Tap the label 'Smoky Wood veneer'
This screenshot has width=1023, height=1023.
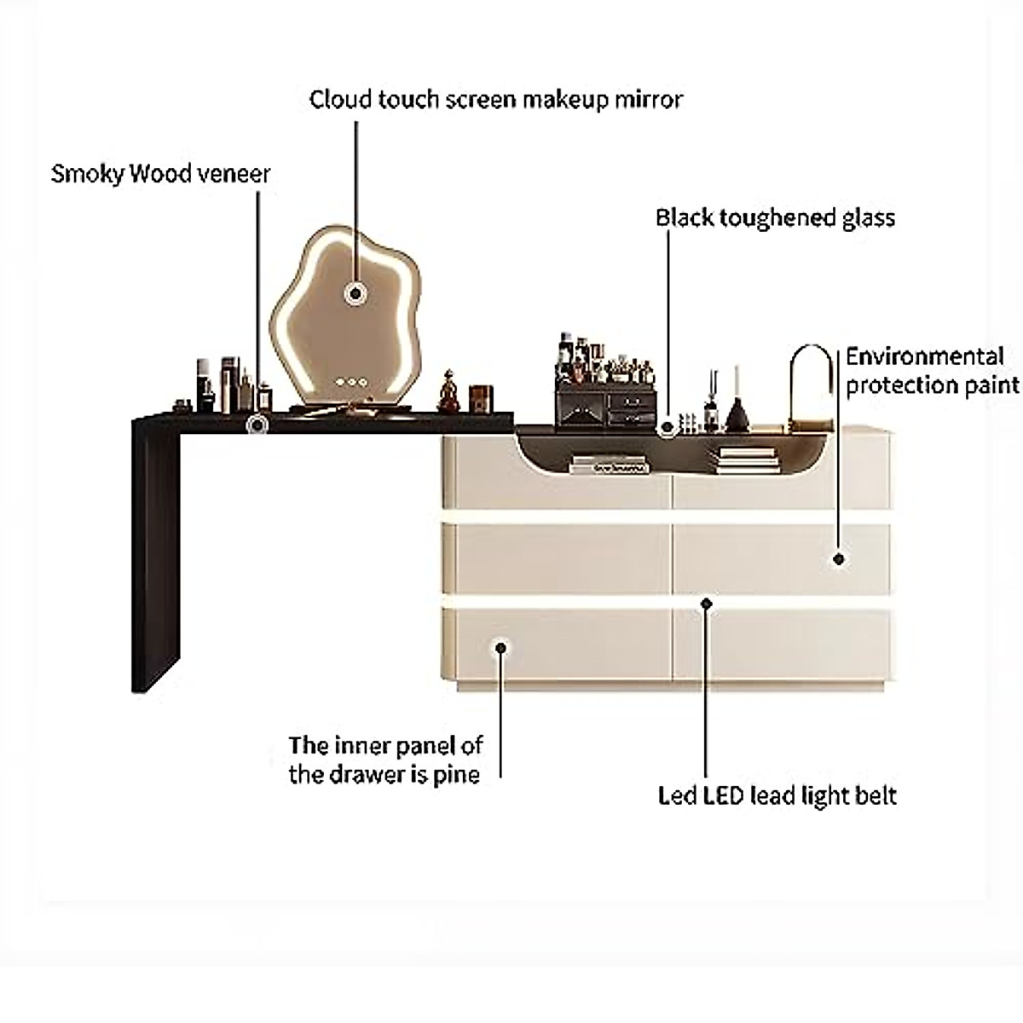coord(160,174)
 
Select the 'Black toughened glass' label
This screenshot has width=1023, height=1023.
coord(775,218)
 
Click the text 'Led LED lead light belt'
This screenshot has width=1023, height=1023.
coord(777,796)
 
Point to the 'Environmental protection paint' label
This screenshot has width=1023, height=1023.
coord(932,371)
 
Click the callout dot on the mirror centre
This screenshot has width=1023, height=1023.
coord(353,293)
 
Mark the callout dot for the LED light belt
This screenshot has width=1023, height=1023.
coord(706,604)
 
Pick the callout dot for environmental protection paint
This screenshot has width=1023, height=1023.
coord(839,559)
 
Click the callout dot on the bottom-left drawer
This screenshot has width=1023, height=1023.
coord(501,647)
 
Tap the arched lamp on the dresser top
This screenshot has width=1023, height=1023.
coord(808,384)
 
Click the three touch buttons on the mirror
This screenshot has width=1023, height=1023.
coord(350,382)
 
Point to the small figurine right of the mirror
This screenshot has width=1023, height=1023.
coord(448,390)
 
